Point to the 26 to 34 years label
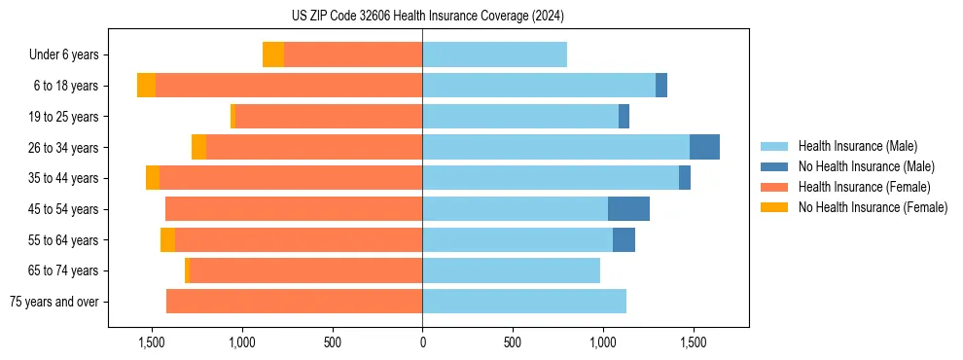point(65,148)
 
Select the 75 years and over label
point(54,302)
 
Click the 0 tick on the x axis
point(422,342)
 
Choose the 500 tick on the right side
point(513,342)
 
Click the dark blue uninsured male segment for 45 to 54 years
point(628,209)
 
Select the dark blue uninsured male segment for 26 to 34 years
point(704,147)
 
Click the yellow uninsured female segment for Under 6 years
point(273,54)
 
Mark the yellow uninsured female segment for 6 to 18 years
point(146,86)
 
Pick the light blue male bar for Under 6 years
point(494,54)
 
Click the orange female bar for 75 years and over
point(294,302)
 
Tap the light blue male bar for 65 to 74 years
point(511,270)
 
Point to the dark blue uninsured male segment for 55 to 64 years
point(624,239)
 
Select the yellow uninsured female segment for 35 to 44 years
point(153,178)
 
